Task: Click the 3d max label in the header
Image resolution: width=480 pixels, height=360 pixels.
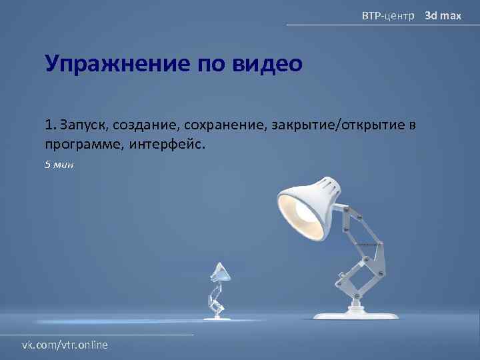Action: point(443,15)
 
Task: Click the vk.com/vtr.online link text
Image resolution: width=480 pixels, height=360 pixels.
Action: point(65,344)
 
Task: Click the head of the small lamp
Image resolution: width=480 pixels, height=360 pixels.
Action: point(219,271)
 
